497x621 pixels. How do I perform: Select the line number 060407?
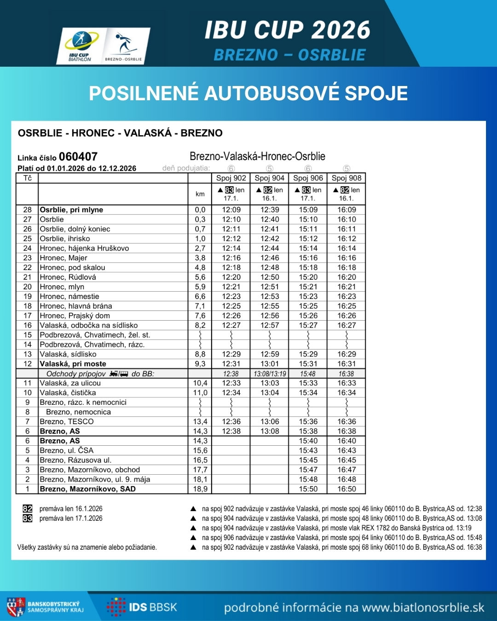(x=78, y=156)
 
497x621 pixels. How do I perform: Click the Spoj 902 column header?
(x=231, y=178)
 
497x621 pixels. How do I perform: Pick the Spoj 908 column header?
(x=347, y=178)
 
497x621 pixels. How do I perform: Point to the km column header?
(x=200, y=194)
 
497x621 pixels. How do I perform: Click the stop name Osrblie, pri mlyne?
(x=71, y=210)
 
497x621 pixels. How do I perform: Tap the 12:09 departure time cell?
(x=231, y=210)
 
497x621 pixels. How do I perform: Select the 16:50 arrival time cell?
(x=347, y=489)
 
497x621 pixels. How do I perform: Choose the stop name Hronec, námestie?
(x=69, y=297)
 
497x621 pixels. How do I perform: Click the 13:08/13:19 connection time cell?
(x=270, y=374)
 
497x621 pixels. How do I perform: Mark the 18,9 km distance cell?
(x=200, y=489)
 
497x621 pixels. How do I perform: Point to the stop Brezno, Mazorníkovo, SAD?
(x=87, y=489)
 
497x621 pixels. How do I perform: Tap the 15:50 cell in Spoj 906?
(x=308, y=489)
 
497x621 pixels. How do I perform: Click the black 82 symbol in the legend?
(x=28, y=509)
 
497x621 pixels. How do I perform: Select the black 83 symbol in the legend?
(x=28, y=518)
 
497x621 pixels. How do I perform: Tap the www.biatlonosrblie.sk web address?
(x=423, y=608)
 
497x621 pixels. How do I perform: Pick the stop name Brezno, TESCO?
(x=67, y=422)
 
